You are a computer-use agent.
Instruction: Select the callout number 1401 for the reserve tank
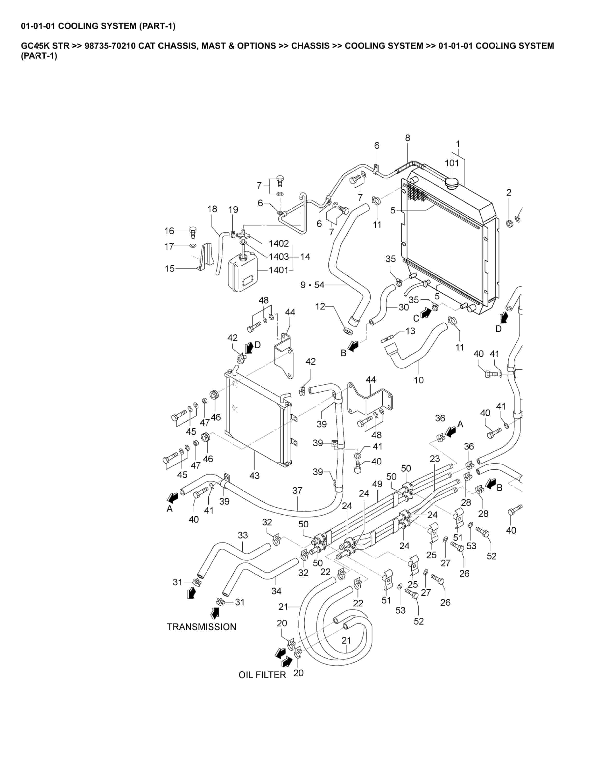[x=278, y=270]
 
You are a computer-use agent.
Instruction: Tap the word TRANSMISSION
[x=201, y=627]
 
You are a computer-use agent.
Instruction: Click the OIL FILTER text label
[x=262, y=675]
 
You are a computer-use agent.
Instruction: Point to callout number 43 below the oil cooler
[x=254, y=476]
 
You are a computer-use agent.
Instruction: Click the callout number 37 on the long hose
[x=297, y=490]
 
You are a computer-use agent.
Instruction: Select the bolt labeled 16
[x=193, y=231]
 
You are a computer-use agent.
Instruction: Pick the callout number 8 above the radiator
[x=408, y=138]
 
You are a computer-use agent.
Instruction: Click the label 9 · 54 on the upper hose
[x=312, y=285]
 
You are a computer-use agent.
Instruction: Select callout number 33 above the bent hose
[x=243, y=535]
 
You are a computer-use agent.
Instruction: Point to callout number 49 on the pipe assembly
[x=377, y=484]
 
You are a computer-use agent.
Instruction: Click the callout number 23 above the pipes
[x=435, y=459]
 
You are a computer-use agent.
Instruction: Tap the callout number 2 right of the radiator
[x=509, y=192]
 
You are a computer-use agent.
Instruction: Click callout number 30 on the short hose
[x=404, y=307]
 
